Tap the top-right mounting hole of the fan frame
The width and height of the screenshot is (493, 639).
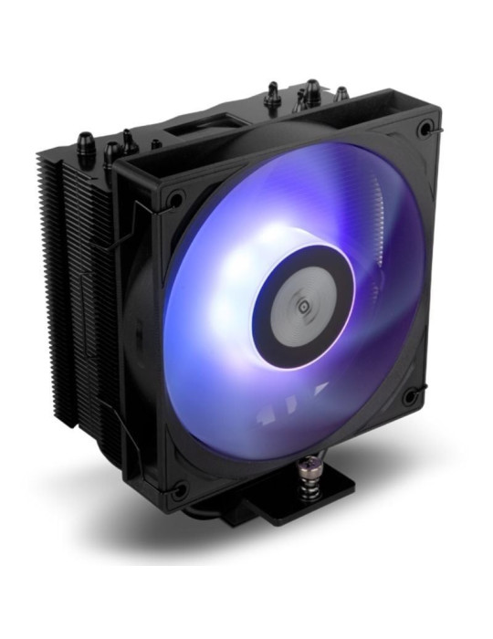(x=425, y=130)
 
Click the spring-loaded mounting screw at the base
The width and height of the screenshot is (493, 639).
(x=304, y=468)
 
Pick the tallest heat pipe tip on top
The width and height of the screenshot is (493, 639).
(x=311, y=90)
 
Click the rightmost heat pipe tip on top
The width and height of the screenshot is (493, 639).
(x=341, y=93)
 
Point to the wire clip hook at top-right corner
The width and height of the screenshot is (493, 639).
(x=436, y=137)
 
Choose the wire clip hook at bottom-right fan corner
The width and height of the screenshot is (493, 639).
(x=419, y=402)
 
